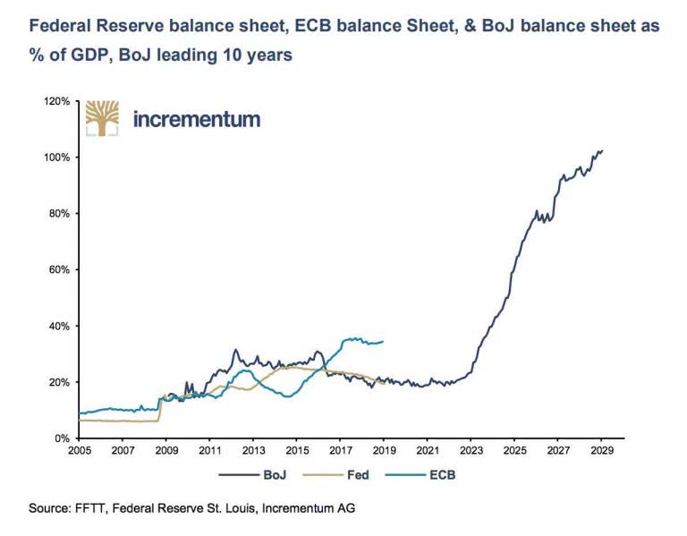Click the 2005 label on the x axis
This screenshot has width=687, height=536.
point(79,452)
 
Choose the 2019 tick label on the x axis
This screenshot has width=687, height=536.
point(384,452)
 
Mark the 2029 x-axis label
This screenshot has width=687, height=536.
point(601,452)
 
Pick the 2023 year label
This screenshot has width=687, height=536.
point(471,452)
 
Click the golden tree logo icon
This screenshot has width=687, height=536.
point(101,117)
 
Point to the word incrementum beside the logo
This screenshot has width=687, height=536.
point(197,118)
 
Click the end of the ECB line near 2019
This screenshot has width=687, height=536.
point(384,341)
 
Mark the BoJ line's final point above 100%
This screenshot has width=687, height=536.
point(602,150)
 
